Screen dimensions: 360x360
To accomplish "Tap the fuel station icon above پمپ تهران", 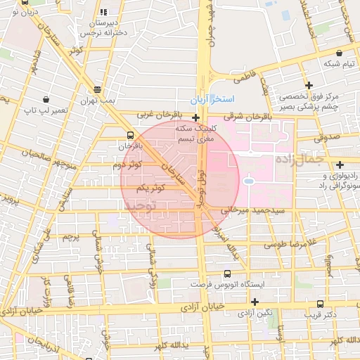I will [x=96, y=89].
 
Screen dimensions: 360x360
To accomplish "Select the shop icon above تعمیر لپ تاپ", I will [x=46, y=100].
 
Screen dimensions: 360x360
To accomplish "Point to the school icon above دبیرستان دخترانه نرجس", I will [x=104, y=12].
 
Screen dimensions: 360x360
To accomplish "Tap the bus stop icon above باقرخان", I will [x=130, y=135].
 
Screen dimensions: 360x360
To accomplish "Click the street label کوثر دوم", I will [x=127, y=165].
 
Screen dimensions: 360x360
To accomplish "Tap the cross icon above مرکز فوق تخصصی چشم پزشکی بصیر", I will [x=308, y=84].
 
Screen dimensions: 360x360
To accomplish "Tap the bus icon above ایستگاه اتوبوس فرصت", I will [x=227, y=274].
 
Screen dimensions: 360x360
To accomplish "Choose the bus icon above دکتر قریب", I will [x=320, y=304].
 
